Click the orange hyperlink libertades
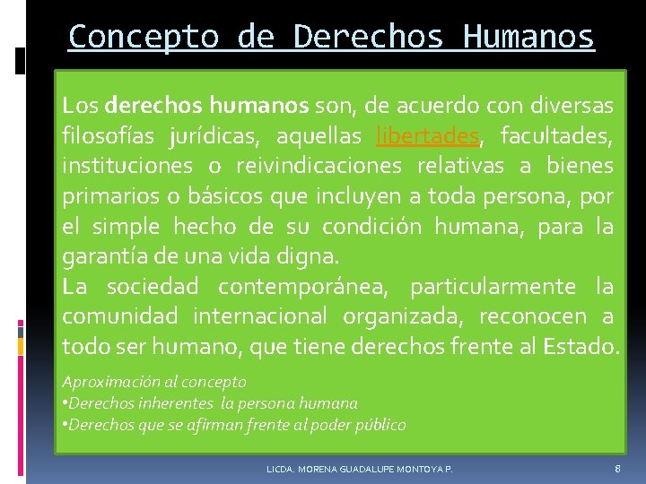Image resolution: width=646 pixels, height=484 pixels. click(x=429, y=136)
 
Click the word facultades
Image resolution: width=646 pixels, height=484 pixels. click(x=556, y=136)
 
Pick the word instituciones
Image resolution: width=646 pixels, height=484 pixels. click(x=127, y=166)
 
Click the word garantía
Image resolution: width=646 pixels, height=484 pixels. click(x=100, y=257)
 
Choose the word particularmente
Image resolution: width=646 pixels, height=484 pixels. click(x=494, y=287)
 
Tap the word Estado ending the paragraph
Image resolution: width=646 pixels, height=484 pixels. click(x=581, y=346)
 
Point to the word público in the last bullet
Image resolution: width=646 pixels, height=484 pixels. click(x=382, y=425)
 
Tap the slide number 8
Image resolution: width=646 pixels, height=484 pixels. click(x=617, y=468)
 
